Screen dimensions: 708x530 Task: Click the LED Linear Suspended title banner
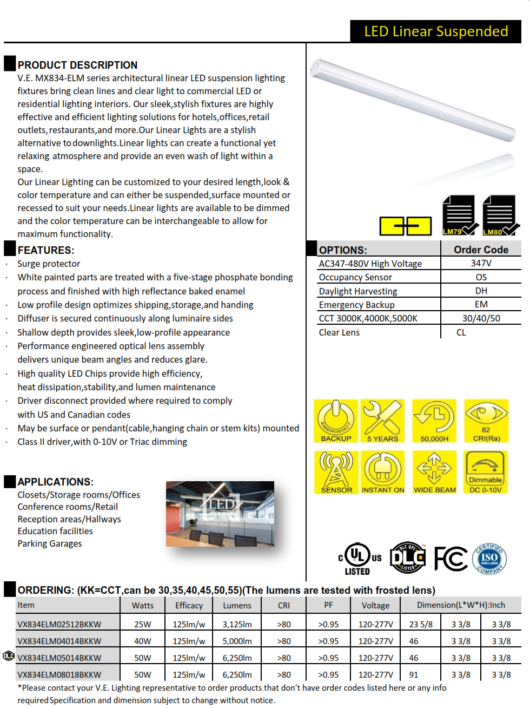pyautogui.click(x=435, y=31)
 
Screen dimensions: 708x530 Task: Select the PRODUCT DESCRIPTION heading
pyautogui.click(x=77, y=65)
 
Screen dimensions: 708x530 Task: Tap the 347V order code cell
pyautogui.click(x=481, y=263)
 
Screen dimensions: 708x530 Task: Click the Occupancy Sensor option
pyautogui.click(x=355, y=277)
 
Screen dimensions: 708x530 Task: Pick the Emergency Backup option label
pyautogui.click(x=356, y=305)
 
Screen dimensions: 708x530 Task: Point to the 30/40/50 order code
pyautogui.click(x=481, y=318)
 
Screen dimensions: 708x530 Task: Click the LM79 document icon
pyautogui.click(x=459, y=215)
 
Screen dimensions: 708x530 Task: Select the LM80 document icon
pyautogui.click(x=499, y=215)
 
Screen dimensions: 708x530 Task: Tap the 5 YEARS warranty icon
pyautogui.click(x=382, y=421)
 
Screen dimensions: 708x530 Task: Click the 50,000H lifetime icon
pyautogui.click(x=434, y=421)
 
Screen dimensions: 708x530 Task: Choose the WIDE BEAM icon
pyautogui.click(x=434, y=472)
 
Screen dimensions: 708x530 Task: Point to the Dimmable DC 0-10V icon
pyautogui.click(x=486, y=472)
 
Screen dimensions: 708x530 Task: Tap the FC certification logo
pyautogui.click(x=451, y=559)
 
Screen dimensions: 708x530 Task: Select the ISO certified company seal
pyautogui.click(x=489, y=559)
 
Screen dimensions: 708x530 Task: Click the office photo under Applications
pyautogui.click(x=220, y=513)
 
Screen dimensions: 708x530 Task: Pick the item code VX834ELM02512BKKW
pyautogui.click(x=59, y=624)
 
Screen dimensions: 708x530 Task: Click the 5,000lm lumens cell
pyautogui.click(x=237, y=641)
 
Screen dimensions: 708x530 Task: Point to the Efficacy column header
pyautogui.click(x=189, y=605)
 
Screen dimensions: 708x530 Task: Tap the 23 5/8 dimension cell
pyautogui.click(x=421, y=624)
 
